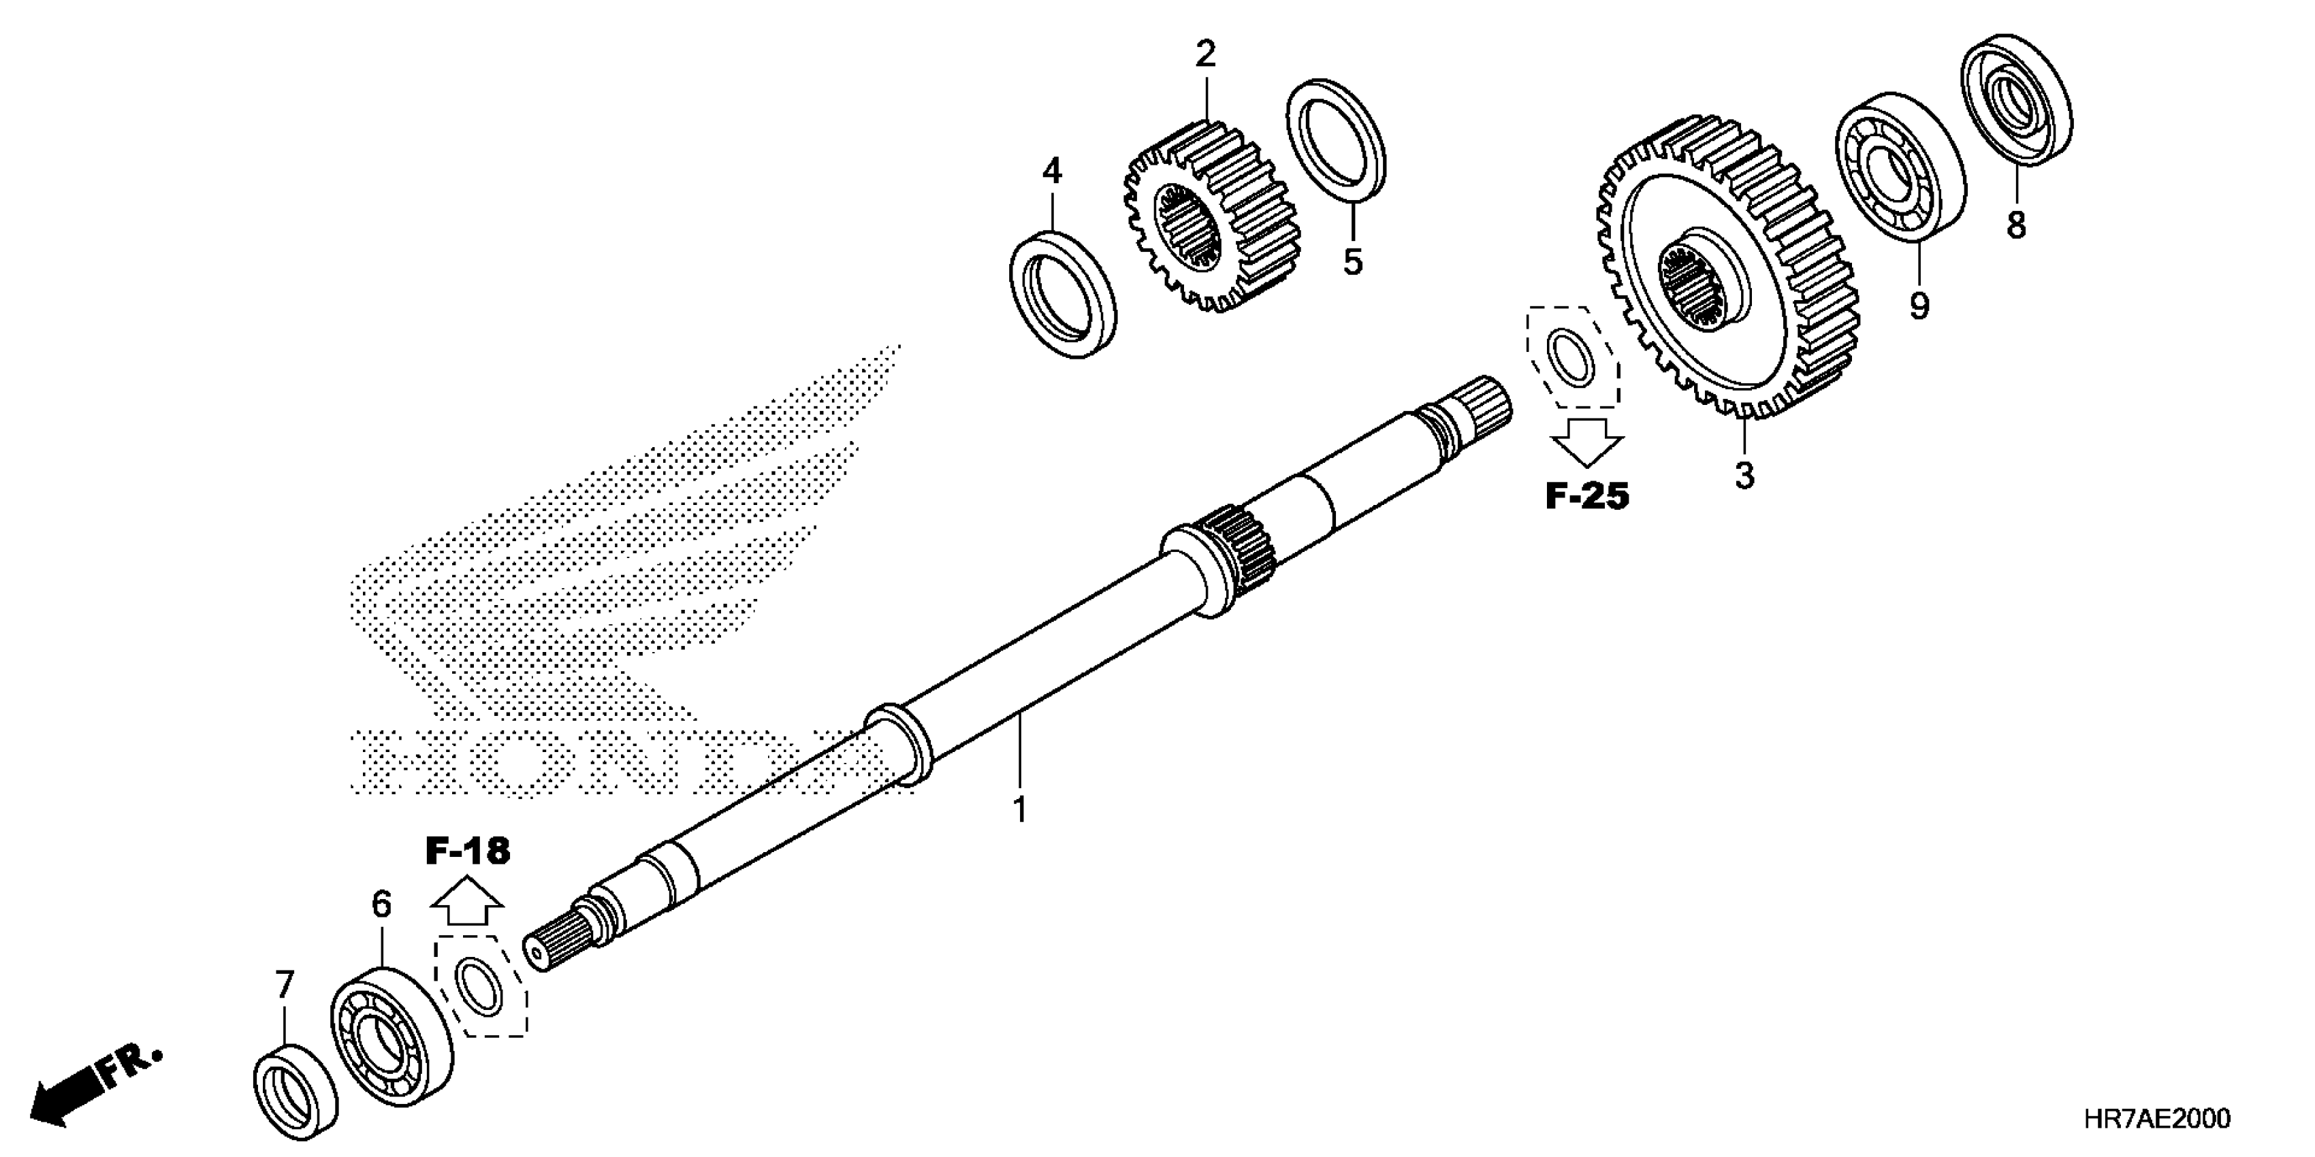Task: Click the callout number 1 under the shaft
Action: pyautogui.click(x=1019, y=809)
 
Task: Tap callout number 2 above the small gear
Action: pyautogui.click(x=1205, y=55)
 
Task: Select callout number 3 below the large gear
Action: pyautogui.click(x=1744, y=475)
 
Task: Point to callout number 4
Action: pyautogui.click(x=1051, y=171)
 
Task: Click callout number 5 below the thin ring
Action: pyautogui.click(x=1352, y=261)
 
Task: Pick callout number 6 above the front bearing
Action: pyautogui.click(x=382, y=905)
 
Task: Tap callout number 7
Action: pyautogui.click(x=285, y=985)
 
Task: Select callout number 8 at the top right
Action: pyautogui.click(x=2017, y=225)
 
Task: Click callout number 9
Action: pyautogui.click(x=1919, y=306)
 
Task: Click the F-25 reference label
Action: pyautogui.click(x=1587, y=496)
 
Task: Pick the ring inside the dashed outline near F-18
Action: pyautogui.click(x=478, y=986)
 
